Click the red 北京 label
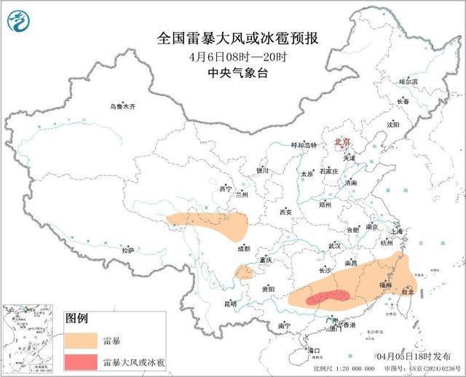(x=341, y=142)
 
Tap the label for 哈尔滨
(x=408, y=82)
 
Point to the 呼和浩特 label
(x=305, y=146)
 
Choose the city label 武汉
(x=334, y=246)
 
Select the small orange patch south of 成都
(x=245, y=273)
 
